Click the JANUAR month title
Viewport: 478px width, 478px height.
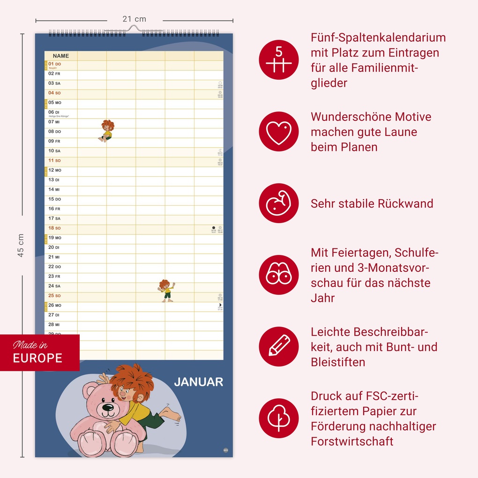pyautogui.click(x=198, y=382)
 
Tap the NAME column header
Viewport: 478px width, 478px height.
pyautogui.click(x=61, y=56)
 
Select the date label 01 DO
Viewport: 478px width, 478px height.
pyautogui.click(x=55, y=64)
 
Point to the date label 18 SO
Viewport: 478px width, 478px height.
pyautogui.click(x=55, y=228)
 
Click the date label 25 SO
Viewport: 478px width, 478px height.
pyautogui.click(x=55, y=296)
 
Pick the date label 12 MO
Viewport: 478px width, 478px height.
pyautogui.click(x=55, y=170)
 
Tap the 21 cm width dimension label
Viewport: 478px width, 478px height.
pyautogui.click(x=134, y=19)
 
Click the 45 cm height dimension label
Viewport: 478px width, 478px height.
pyautogui.click(x=21, y=245)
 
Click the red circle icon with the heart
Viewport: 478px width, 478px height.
pyautogui.click(x=279, y=132)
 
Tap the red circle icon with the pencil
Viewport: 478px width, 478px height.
pyautogui.click(x=279, y=346)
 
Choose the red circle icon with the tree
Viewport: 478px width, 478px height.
pyautogui.click(x=279, y=418)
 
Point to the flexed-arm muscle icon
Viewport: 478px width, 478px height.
pyautogui.click(x=279, y=203)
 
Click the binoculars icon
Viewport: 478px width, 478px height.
pyautogui.click(x=279, y=275)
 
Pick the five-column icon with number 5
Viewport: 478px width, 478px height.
pyautogui.click(x=279, y=60)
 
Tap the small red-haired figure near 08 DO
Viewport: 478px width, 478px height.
pyautogui.click(x=107, y=130)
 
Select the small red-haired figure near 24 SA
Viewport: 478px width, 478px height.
pyautogui.click(x=165, y=291)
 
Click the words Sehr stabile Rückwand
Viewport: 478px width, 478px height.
pyautogui.click(x=372, y=204)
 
